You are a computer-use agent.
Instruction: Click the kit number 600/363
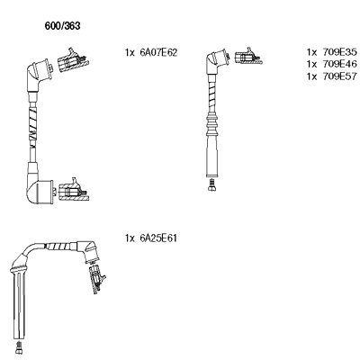click(x=62, y=26)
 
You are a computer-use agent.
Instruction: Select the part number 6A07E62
click(x=158, y=52)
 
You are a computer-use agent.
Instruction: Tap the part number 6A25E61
click(x=158, y=238)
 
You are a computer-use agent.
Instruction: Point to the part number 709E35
click(x=340, y=52)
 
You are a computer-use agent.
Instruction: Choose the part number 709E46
click(x=340, y=64)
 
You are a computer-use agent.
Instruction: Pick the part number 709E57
click(x=340, y=76)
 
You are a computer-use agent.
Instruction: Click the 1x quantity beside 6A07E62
click(x=130, y=53)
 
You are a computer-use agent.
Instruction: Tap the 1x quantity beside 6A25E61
click(x=130, y=238)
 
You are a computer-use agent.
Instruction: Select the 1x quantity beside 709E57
click(x=311, y=76)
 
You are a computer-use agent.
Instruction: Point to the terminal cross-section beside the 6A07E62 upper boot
click(x=73, y=60)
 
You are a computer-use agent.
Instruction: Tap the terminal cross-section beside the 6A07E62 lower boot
click(x=74, y=190)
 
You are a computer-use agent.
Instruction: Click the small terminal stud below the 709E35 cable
click(x=212, y=184)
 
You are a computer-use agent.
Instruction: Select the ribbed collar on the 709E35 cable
click(x=212, y=123)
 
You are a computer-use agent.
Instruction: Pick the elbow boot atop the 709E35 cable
click(x=216, y=61)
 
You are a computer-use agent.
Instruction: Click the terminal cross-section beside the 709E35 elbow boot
click(x=247, y=56)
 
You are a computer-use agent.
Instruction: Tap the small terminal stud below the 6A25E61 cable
click(x=19, y=348)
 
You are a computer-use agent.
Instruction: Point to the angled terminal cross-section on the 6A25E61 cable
click(x=97, y=279)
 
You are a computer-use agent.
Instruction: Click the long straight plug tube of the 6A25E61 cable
click(x=19, y=303)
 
